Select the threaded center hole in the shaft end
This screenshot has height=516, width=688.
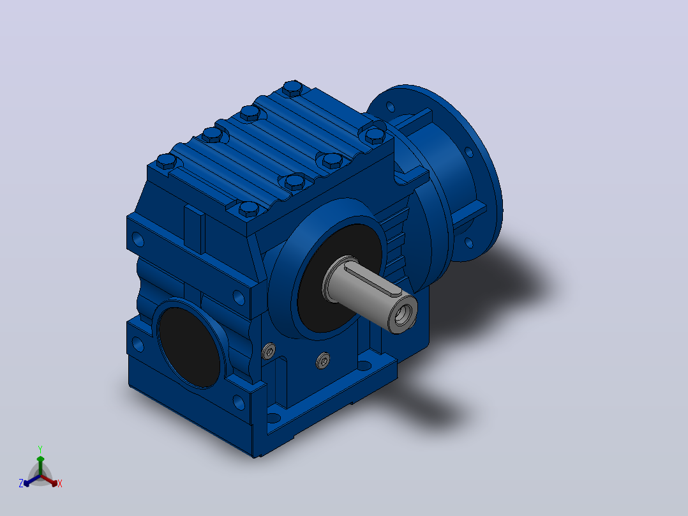pyautogui.click(x=403, y=313)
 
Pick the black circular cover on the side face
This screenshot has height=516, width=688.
pyautogui.click(x=189, y=347)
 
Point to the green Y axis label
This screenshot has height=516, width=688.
pyautogui.click(x=40, y=450)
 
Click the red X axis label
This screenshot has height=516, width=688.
pyautogui.click(x=60, y=483)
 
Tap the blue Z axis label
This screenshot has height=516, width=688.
pyautogui.click(x=21, y=483)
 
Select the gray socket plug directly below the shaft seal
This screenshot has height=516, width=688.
pyautogui.click(x=324, y=361)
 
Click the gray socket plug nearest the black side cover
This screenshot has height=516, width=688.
pyautogui.click(x=269, y=351)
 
